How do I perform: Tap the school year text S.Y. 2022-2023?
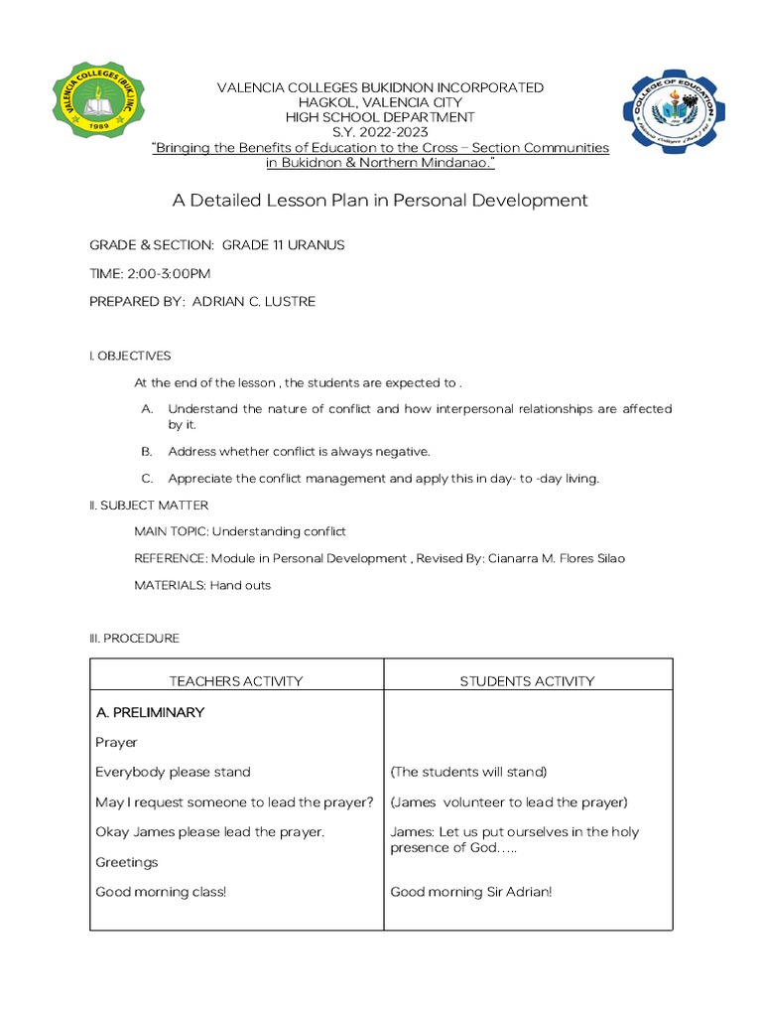point(380,132)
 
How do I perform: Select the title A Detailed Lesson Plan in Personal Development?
point(380,201)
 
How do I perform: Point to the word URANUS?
point(316,244)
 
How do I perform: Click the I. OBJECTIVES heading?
point(130,356)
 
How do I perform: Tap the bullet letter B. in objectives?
point(147,451)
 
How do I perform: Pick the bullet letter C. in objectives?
point(147,479)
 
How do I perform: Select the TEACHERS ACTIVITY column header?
point(236,681)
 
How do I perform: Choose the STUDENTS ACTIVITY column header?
point(527,681)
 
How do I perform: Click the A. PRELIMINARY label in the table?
point(150,712)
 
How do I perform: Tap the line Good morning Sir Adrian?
point(470,892)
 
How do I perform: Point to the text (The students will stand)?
point(468,772)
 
